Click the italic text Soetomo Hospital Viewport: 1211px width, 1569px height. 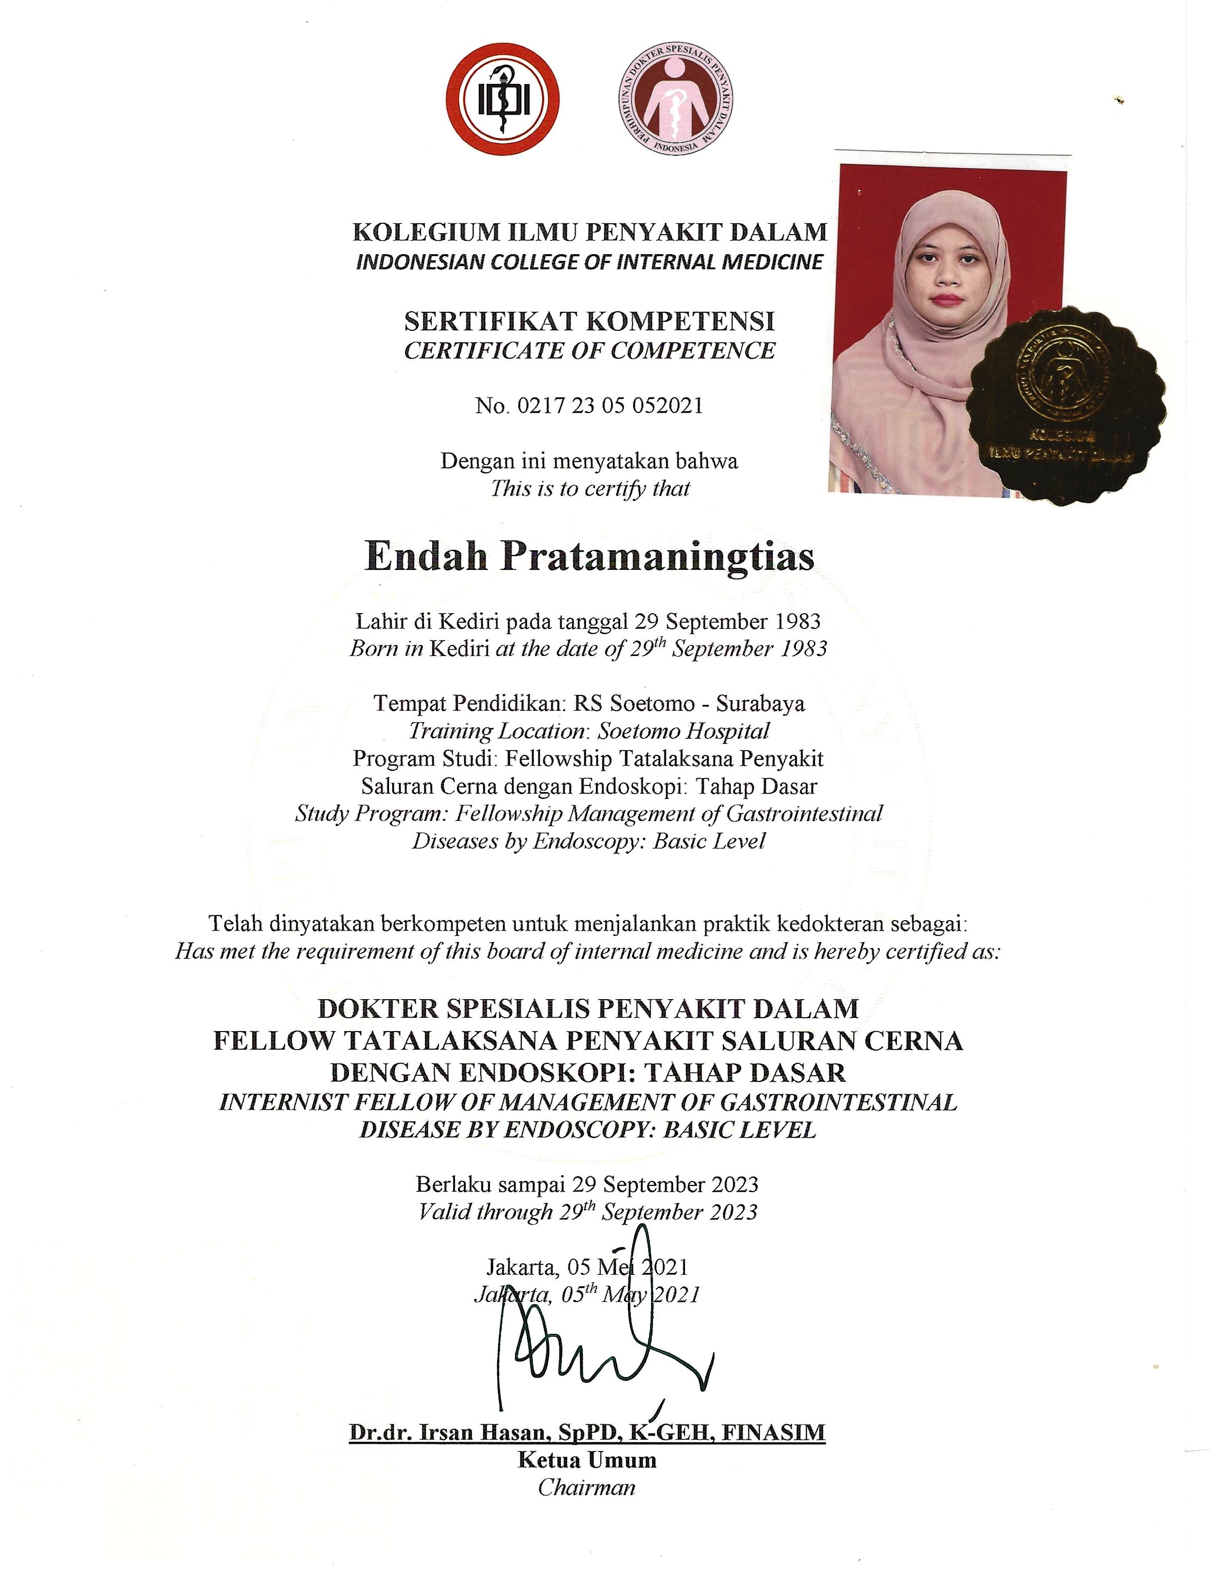(x=683, y=731)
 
